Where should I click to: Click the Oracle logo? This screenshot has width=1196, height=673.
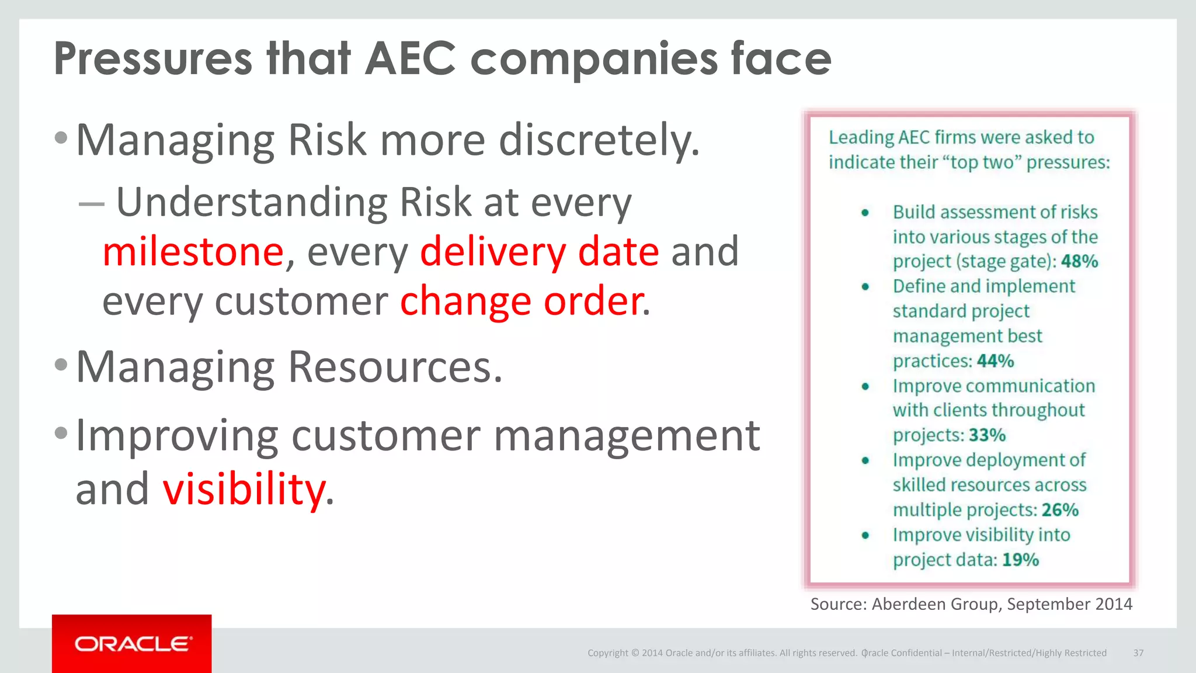[x=133, y=644]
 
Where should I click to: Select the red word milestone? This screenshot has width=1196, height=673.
[x=193, y=251]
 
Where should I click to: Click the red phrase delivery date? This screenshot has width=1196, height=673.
[x=540, y=251]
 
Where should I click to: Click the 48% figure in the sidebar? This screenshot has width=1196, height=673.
[x=1079, y=261]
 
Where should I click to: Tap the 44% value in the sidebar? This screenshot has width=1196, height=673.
[x=995, y=361]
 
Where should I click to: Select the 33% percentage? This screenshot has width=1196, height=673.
[x=987, y=435]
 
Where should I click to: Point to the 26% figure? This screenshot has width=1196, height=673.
[x=1060, y=510]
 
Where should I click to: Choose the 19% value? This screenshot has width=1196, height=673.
[x=1020, y=560]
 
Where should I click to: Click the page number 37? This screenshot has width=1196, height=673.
[x=1138, y=653]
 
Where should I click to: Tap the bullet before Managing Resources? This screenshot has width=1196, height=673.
[x=61, y=365]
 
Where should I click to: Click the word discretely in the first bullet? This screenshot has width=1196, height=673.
[x=599, y=140]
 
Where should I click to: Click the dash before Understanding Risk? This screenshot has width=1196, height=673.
[x=91, y=204]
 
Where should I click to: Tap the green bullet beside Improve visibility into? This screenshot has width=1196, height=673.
[x=865, y=535]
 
